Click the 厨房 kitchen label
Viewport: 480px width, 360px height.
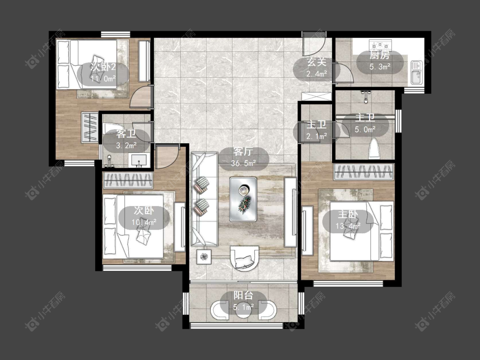380,55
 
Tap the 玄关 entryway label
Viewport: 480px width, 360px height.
317,62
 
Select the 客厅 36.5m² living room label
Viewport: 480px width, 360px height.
243,157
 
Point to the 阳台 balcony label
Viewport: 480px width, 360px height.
243,296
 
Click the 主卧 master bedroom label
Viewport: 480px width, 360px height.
348,214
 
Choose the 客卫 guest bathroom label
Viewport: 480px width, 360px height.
126,134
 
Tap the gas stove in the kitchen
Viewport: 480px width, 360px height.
381,45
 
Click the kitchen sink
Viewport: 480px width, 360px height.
416,73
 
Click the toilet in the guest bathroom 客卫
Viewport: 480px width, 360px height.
113,128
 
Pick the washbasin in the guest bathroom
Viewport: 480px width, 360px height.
139,160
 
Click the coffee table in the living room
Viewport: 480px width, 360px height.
243,199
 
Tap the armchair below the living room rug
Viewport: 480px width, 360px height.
244,258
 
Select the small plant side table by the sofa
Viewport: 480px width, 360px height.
204,256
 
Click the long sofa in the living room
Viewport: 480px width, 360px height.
204,199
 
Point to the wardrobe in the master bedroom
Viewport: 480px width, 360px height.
364,172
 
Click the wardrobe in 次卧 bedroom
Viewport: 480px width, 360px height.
128,180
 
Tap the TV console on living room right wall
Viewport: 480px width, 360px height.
290,212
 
